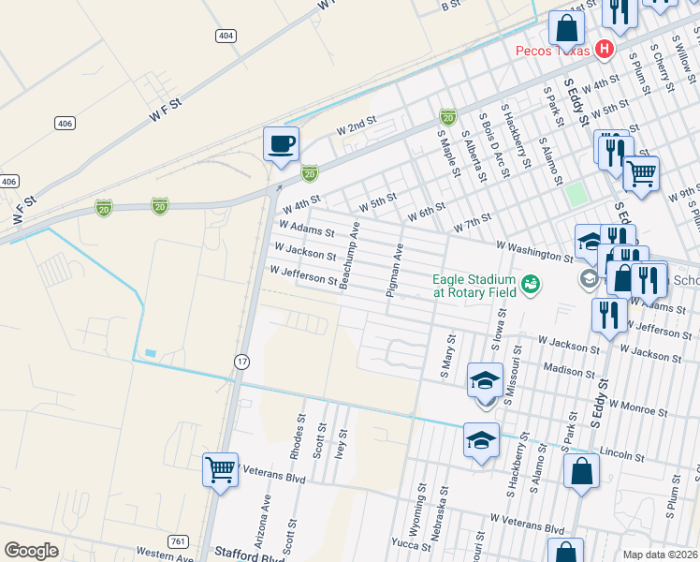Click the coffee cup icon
(281, 144)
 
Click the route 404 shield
(225, 36)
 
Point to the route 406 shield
(65, 123)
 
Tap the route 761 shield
(178, 541)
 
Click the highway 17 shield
(241, 361)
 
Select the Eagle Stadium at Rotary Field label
(474, 286)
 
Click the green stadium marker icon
(531, 282)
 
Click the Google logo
(31, 551)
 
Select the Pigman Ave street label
(396, 271)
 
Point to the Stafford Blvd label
(249, 555)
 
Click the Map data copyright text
(660, 554)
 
